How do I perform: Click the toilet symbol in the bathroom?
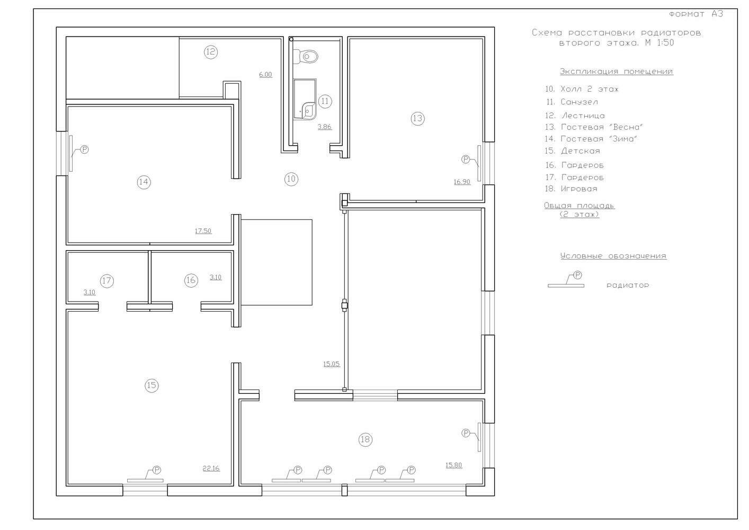[305, 57]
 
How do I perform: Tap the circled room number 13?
[417, 118]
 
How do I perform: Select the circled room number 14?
[144, 182]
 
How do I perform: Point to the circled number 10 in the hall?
[291, 179]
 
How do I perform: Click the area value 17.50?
[203, 231]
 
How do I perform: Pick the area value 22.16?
[211, 469]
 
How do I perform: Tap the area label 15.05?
[332, 364]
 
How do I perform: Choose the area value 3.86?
[324, 127]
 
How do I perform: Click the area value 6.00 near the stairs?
[265, 75]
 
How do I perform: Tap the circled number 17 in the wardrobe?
[106, 281]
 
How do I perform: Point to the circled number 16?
[191, 280]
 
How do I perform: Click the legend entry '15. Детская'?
[572, 151]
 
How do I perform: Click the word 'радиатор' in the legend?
[628, 286]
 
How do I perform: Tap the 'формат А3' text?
[696, 14]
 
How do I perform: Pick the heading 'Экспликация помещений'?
[616, 72]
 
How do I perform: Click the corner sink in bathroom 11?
[308, 110]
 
